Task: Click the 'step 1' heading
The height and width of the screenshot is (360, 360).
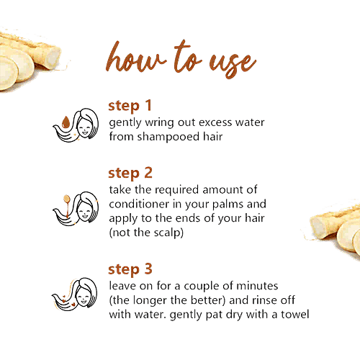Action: pyautogui.click(x=130, y=106)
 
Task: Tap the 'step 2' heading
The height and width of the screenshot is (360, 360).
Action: pyautogui.click(x=130, y=174)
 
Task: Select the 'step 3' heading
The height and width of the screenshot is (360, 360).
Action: pyautogui.click(x=130, y=269)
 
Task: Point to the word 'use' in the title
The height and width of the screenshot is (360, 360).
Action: pyautogui.click(x=233, y=64)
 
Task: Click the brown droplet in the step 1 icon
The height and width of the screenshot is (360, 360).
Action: pyautogui.click(x=66, y=122)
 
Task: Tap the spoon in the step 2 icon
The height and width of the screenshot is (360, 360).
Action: pyautogui.click(x=67, y=204)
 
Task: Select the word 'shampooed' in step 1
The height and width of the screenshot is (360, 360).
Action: pyautogui.click(x=168, y=137)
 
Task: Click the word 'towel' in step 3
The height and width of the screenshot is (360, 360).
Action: pyautogui.click(x=295, y=315)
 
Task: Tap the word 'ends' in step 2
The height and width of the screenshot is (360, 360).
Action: pyautogui.click(x=188, y=218)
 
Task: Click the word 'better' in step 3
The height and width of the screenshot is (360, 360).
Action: pyautogui.click(x=208, y=300)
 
